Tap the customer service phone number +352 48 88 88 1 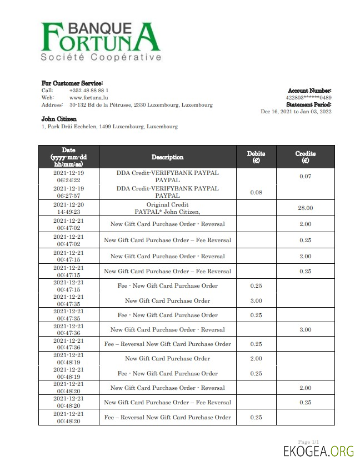89,90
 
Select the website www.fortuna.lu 85,97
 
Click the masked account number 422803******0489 308,97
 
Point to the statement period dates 296,112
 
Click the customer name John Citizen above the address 59,119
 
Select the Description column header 167,157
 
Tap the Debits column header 256,157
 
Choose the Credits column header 305,157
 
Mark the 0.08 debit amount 256,192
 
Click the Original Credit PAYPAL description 167,208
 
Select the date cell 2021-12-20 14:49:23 69,208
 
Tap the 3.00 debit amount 256,300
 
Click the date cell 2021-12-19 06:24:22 69,176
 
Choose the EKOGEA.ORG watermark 318,450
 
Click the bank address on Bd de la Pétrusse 141,104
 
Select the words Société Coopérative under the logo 101,57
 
